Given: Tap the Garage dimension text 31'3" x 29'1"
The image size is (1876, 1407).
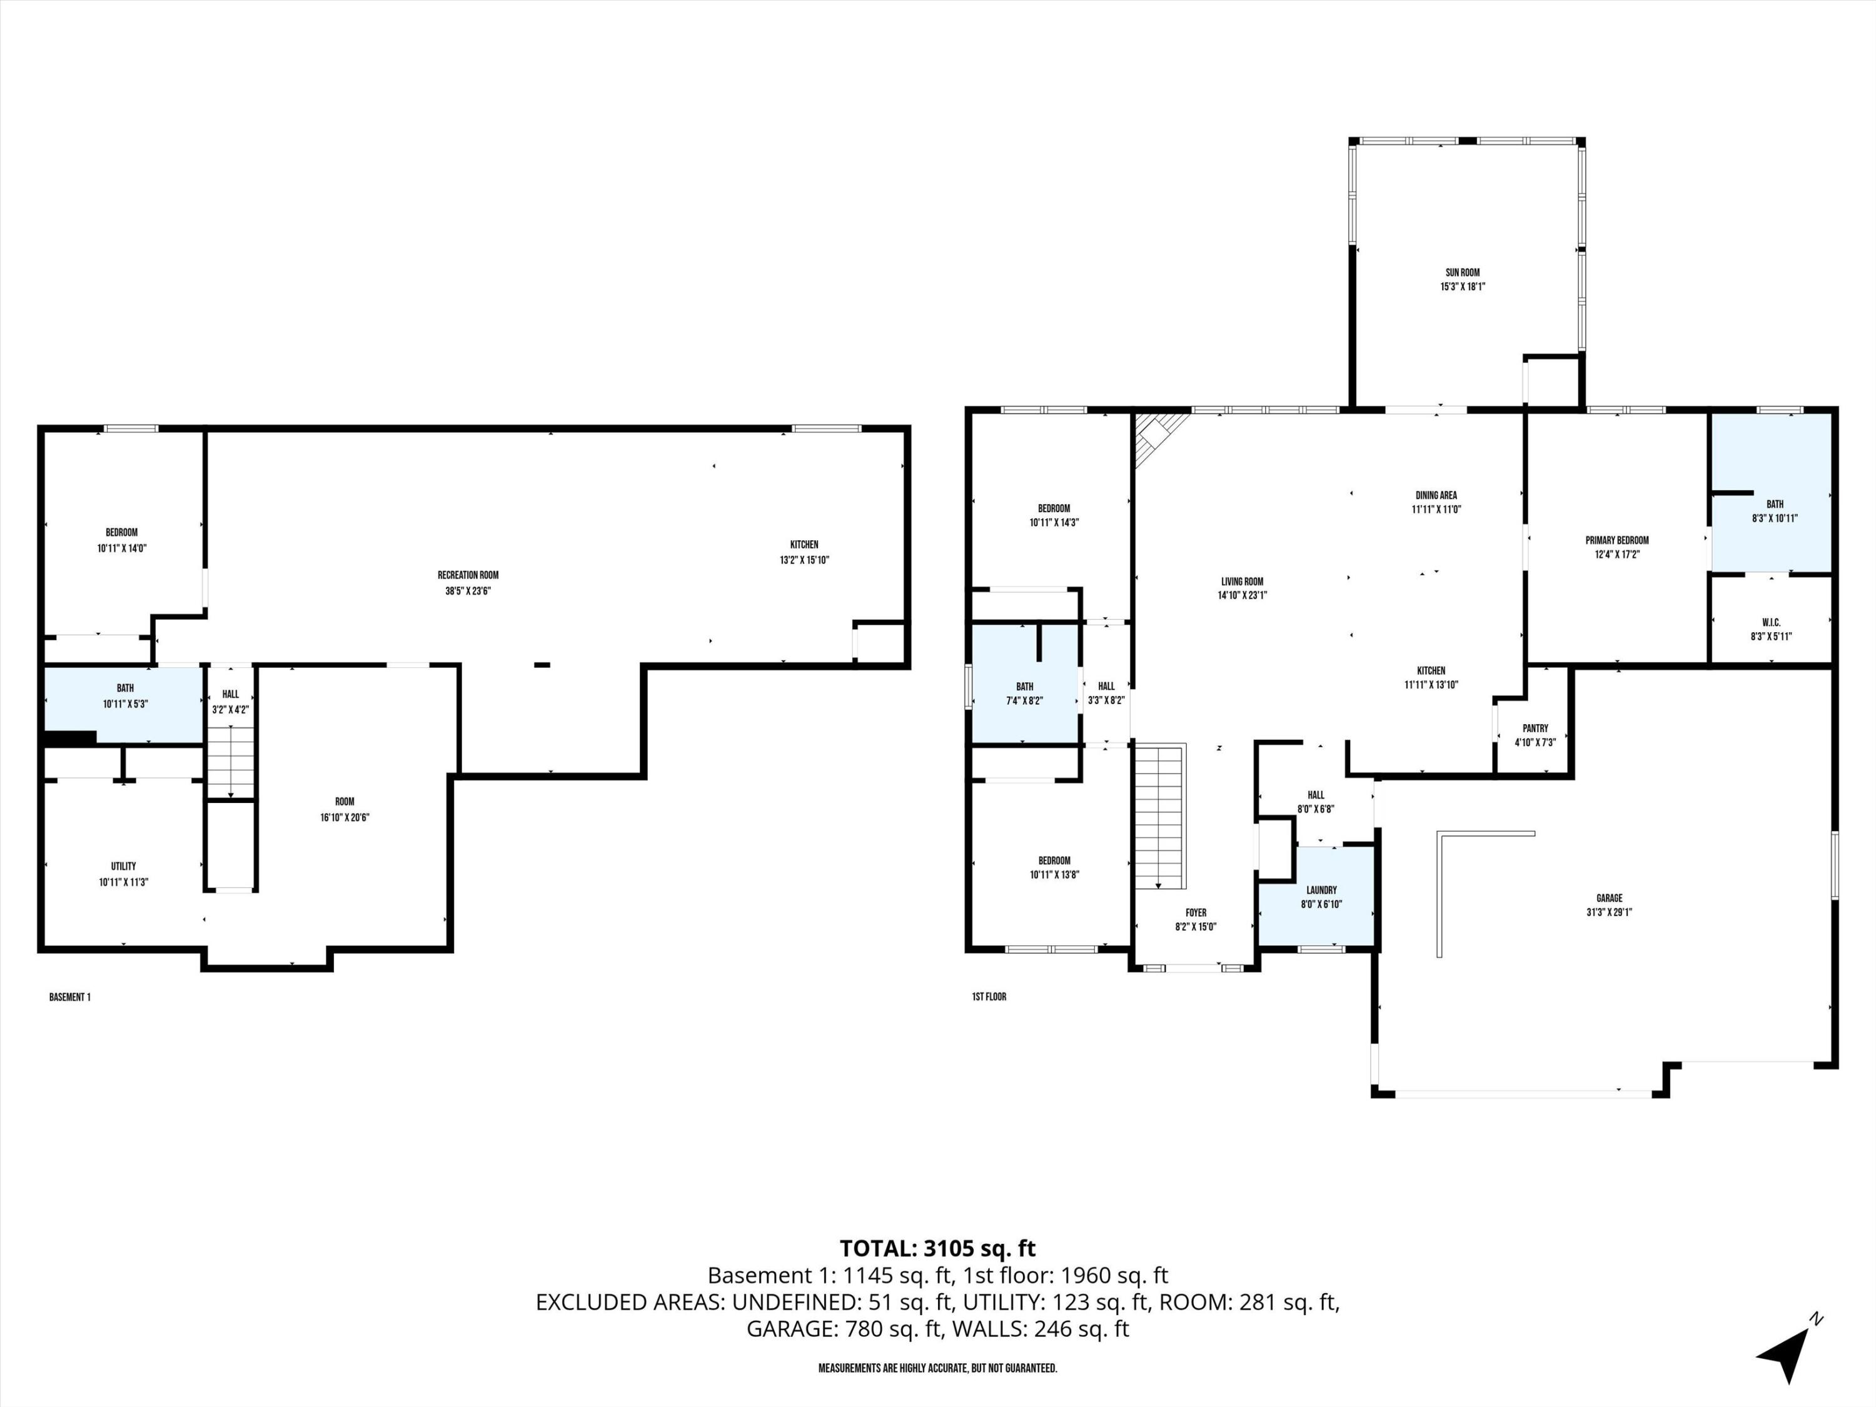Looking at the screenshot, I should coord(1609,912).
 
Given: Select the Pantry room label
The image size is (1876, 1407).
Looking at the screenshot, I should coord(1535,728).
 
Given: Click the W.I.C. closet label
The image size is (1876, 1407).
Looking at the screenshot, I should coord(1771,622).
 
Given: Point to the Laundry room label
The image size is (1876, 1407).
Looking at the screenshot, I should coord(1321,890).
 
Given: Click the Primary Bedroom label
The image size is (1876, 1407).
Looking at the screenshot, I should coord(1616,540).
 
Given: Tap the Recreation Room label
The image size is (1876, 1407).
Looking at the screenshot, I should coord(468,575).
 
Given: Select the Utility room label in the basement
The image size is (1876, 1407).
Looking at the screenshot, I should coord(124,866).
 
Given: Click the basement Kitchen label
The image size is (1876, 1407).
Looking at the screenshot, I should coord(804,545).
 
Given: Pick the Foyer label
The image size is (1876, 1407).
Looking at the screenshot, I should coord(1196,912).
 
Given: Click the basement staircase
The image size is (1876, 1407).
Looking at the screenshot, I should coord(231,760).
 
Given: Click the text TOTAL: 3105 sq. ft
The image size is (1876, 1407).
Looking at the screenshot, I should coord(937,1248).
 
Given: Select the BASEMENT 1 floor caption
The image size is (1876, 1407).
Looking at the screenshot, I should coord(69,997).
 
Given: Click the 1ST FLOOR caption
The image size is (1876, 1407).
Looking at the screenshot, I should coord(989,997).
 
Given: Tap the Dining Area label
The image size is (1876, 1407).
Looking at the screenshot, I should coord(1436,495).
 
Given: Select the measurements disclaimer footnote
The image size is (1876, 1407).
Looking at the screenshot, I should coord(937,1368).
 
